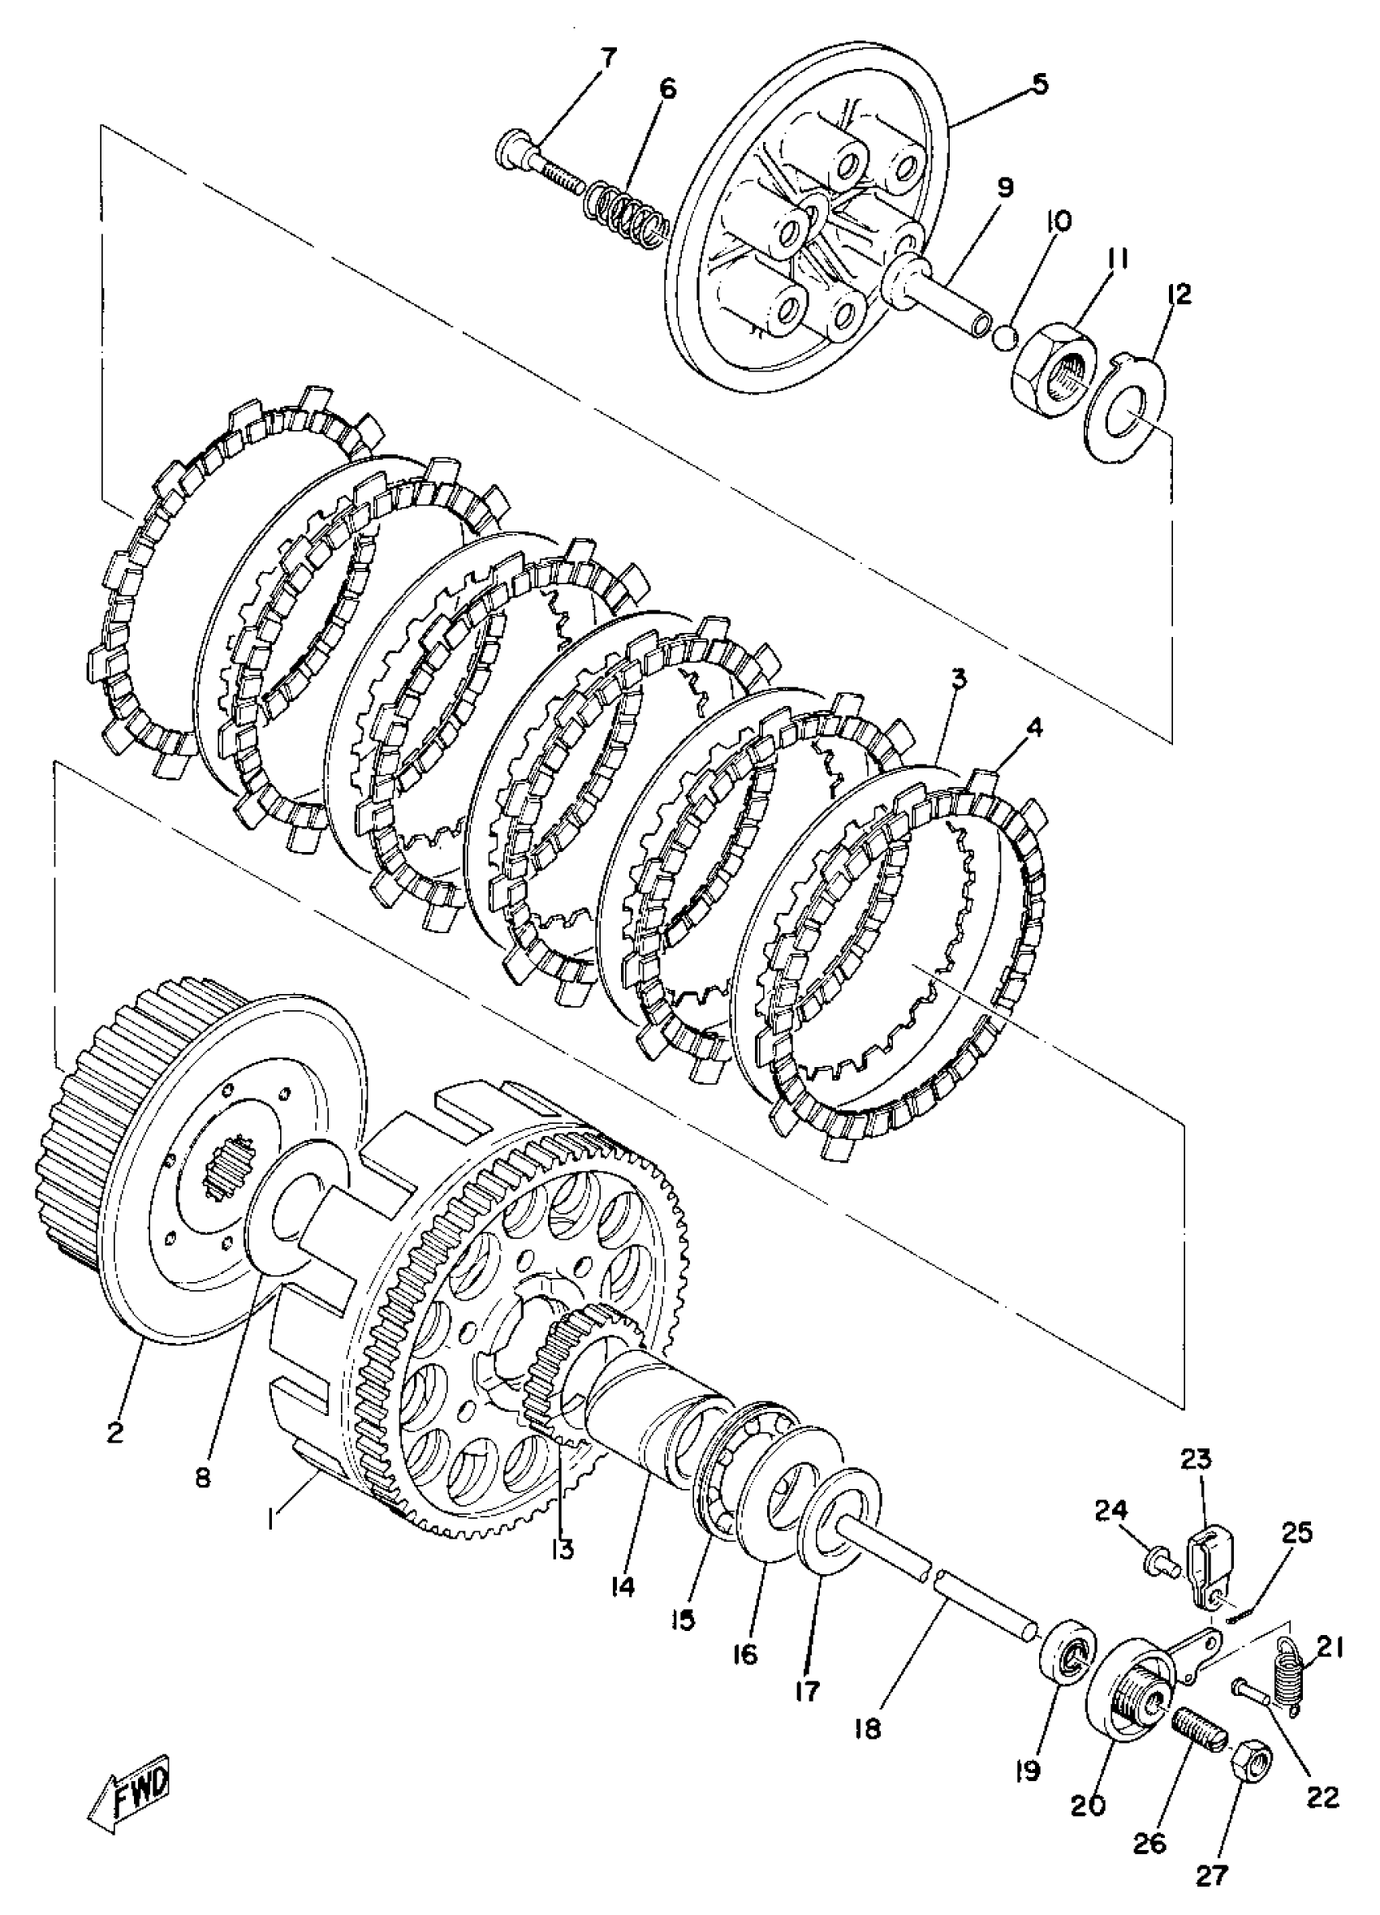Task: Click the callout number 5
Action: pyautogui.click(x=1040, y=84)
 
